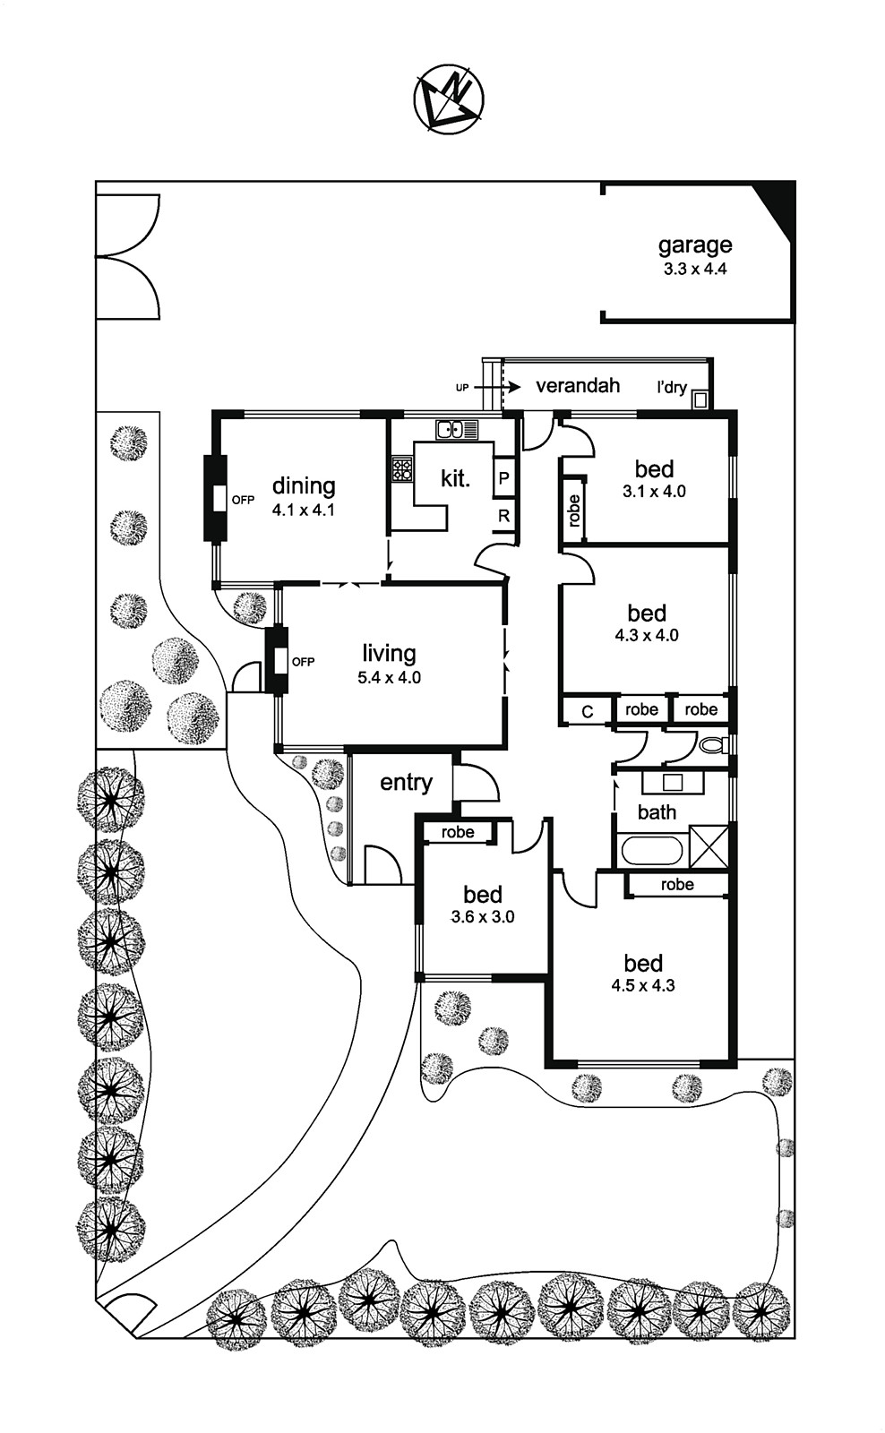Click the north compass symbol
pos(449,99)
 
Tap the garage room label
pos(695,245)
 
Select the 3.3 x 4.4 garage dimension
pos(695,269)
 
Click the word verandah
pos(578,386)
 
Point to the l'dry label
pos(671,388)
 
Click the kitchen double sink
pos(457,430)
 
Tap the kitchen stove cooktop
pos(401,468)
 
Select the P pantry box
pos(504,478)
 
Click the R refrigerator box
pos(504,516)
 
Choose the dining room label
pos(304,485)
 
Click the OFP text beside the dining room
pos(243,500)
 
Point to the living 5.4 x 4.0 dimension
pos(389,678)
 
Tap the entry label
pos(406,783)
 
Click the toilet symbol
pos(714,744)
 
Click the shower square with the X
pos(709,846)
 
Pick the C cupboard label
pos(588,711)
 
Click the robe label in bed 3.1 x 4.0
pos(574,510)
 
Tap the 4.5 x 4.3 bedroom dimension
pos(643,985)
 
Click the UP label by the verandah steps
pos(462,388)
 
